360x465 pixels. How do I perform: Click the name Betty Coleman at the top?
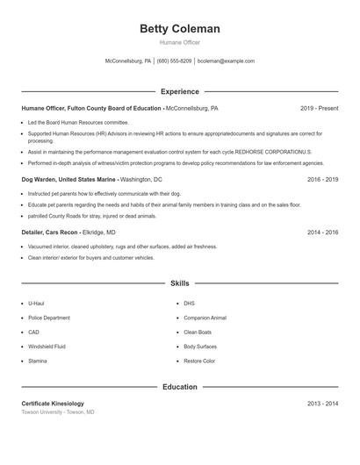(179, 29)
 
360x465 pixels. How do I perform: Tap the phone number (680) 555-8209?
(174, 61)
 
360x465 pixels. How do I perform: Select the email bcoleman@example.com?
(226, 61)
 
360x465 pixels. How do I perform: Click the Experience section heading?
(179, 91)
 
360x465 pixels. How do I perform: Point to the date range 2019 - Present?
(319, 108)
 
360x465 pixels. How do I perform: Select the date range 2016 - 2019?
(322, 179)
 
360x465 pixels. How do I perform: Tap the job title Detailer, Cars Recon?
(50, 232)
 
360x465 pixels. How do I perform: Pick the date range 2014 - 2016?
(322, 232)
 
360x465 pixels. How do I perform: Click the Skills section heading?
(179, 283)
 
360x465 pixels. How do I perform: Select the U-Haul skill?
(36, 304)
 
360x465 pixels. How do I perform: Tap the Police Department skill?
(49, 318)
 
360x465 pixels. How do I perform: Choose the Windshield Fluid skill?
(47, 347)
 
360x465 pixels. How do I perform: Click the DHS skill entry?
(189, 304)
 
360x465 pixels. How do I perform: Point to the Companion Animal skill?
(205, 318)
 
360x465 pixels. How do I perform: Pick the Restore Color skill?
(199, 361)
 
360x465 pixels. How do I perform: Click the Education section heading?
(179, 386)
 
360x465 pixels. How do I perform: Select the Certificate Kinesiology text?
(53, 404)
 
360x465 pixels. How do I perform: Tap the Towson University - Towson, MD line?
(58, 411)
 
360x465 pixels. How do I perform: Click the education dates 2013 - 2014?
(322, 404)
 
